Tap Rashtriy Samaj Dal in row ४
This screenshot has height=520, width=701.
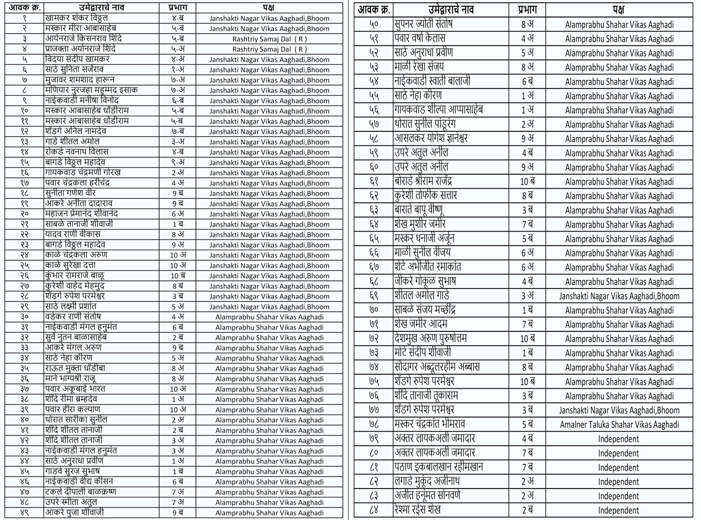pos(269,49)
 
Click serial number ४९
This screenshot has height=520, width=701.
pos(25,512)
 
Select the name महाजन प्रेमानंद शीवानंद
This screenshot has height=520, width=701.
pos(81,214)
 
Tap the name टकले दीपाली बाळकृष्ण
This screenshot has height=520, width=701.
pos(81,492)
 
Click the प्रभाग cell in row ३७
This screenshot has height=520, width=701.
pos(177,389)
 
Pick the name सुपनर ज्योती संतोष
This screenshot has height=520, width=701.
pos(423,24)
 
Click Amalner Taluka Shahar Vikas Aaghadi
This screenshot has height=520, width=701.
pos(619,425)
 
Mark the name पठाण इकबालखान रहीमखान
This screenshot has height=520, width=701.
pos(439,467)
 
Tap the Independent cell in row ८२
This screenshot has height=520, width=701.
pos(618,481)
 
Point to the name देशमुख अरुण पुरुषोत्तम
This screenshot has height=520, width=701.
pos(430,338)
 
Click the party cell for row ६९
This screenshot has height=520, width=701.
pos(619,296)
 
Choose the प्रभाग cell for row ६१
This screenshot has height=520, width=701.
pos(527,181)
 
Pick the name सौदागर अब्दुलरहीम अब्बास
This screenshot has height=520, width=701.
pos(436,367)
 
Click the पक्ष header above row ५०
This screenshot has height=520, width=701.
pos(619,9)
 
